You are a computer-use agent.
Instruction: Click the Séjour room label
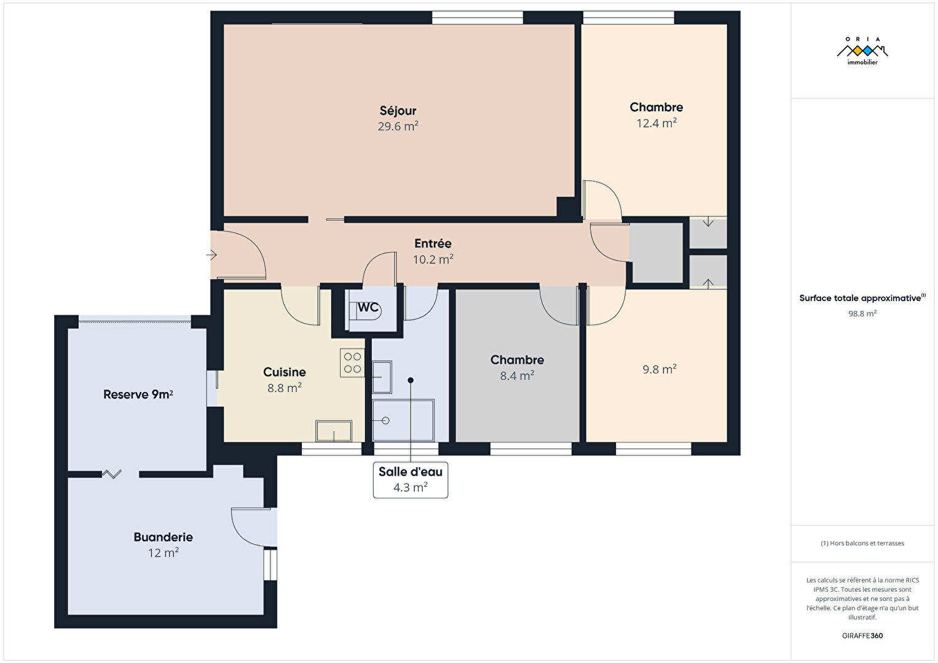398,111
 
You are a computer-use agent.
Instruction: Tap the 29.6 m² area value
398,126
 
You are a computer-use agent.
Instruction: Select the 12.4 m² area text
656,123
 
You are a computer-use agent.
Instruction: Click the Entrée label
433,243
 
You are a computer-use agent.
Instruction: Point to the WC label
368,308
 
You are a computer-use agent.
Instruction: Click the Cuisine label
285,372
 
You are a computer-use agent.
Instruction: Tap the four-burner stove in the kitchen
352,363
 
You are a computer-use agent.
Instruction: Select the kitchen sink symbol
334,431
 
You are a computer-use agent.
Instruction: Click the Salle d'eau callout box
411,480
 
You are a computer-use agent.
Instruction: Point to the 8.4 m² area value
517,375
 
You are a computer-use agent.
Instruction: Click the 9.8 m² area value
660,369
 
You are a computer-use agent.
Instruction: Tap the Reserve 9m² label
138,394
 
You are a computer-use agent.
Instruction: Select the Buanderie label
164,537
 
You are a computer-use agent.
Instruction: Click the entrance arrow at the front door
211,254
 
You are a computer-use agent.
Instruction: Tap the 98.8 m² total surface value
862,313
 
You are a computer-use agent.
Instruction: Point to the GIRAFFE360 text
862,635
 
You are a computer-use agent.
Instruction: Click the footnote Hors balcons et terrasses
862,543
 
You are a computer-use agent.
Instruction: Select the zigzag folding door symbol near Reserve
112,474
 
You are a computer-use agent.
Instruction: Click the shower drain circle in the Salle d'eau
385,420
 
